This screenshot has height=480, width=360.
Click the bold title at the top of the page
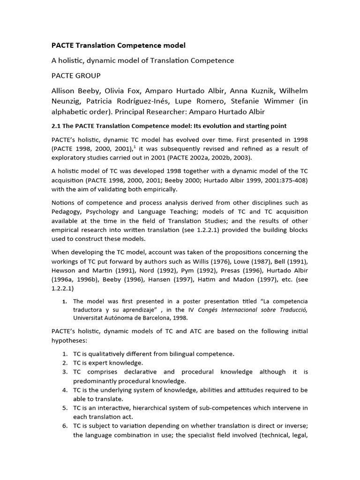pyautogui.click(x=118, y=45)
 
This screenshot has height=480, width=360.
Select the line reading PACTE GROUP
pyautogui.click(x=75, y=75)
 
